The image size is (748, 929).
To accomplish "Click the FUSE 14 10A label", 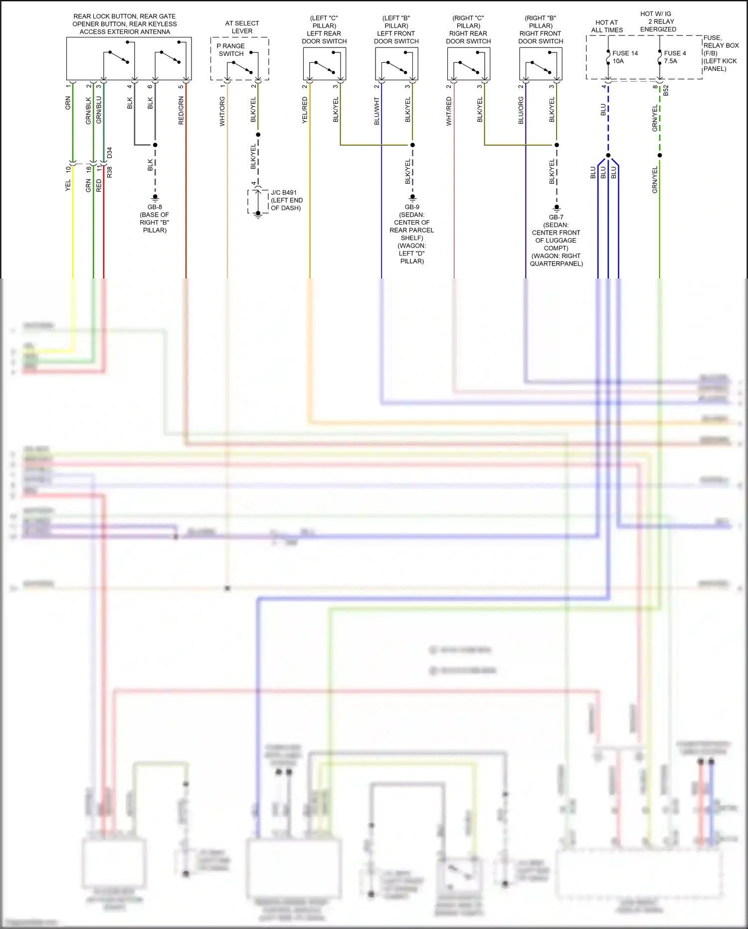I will pyautogui.click(x=624, y=57).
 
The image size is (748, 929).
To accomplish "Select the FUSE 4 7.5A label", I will pyautogui.click(x=674, y=57).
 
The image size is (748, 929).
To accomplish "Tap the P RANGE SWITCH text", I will pyautogui.click(x=231, y=49).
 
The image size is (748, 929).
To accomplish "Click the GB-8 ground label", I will pyautogui.click(x=155, y=218).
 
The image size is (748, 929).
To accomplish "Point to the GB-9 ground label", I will pyautogui.click(x=412, y=234).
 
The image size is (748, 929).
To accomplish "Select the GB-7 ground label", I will pyautogui.click(x=556, y=240).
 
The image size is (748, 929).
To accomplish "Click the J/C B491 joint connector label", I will pyautogui.click(x=286, y=200).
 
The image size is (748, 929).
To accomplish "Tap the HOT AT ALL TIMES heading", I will pyautogui.click(x=607, y=26).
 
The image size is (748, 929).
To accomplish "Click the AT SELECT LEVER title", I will pyautogui.click(x=242, y=27).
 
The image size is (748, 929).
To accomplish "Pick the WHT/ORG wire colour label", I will pyautogui.click(x=222, y=111).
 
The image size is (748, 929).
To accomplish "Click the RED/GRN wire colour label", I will pyautogui.click(x=181, y=110).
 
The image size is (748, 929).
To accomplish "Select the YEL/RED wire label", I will pyautogui.click(x=305, y=110).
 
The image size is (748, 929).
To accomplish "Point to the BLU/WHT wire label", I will pyautogui.click(x=376, y=111).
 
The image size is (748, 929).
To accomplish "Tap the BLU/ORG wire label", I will pyautogui.click(x=521, y=110).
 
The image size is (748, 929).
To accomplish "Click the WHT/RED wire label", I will pyautogui.click(x=449, y=111).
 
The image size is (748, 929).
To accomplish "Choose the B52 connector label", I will pyautogui.click(x=666, y=90).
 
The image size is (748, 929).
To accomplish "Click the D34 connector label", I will pyautogui.click(x=110, y=153).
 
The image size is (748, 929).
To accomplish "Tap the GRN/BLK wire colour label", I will pyautogui.click(x=89, y=110).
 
